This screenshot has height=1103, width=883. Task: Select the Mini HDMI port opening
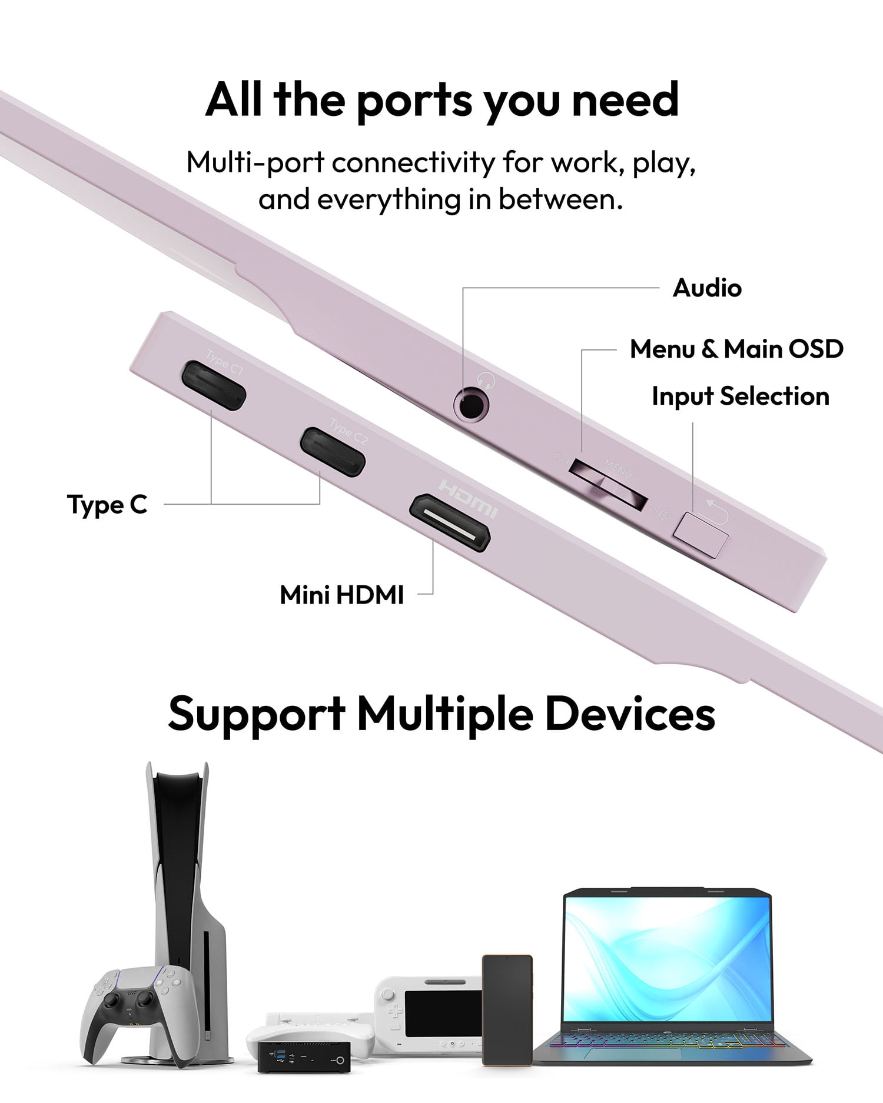(450, 523)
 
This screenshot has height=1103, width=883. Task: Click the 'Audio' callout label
(707, 288)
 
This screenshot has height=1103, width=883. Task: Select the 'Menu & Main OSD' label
(736, 349)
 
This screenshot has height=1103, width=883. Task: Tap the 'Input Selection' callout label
(741, 396)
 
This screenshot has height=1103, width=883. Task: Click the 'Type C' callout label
(107, 505)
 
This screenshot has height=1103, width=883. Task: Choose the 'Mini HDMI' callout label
(341, 595)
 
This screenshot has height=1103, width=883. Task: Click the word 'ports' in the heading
(414, 100)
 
